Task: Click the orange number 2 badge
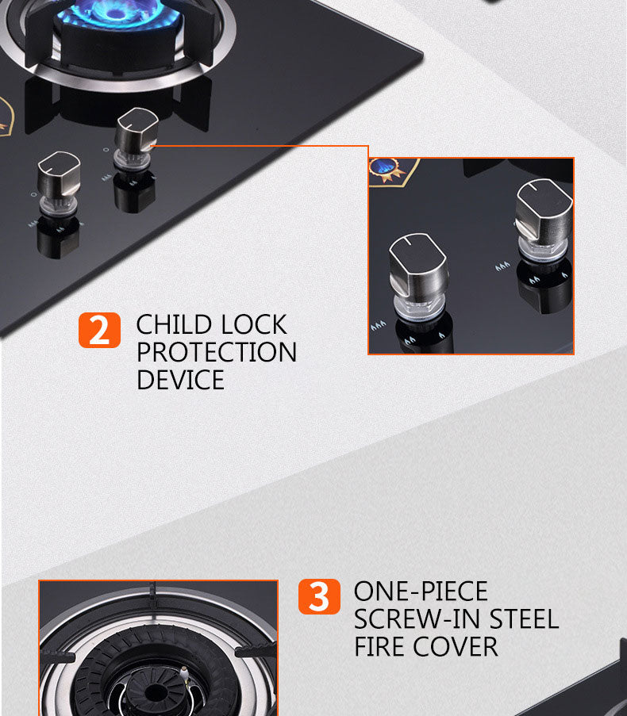coord(100,330)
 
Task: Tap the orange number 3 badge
coord(319,596)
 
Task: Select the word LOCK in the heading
coord(253,324)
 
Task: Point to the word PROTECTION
coord(217,352)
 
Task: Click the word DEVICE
coord(180,380)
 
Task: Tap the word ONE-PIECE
coord(421,592)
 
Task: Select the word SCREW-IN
coord(418,618)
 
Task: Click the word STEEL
coord(524,618)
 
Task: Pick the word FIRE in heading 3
coord(380,646)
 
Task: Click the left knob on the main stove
coord(59,182)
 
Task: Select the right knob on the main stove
coord(137,138)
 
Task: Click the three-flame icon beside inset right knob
coord(502,266)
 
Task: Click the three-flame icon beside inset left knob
coord(378,326)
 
